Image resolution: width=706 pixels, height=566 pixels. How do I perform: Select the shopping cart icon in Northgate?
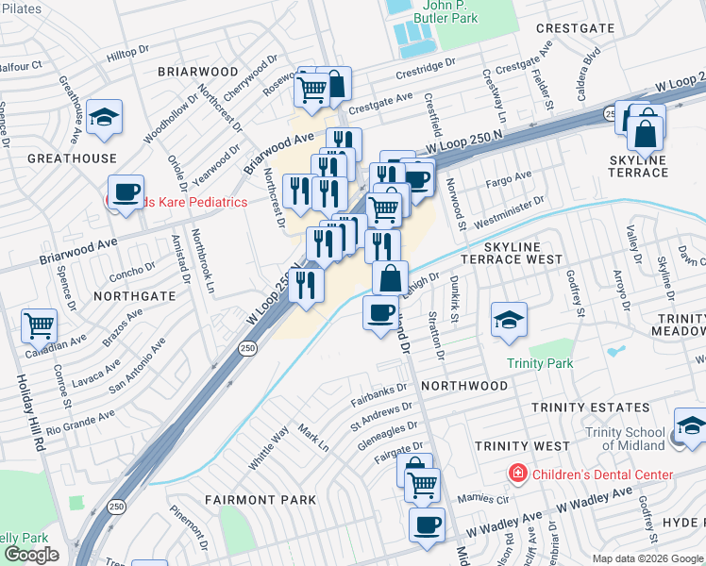coord(40,326)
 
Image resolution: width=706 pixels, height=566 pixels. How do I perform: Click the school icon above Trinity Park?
coord(509,321)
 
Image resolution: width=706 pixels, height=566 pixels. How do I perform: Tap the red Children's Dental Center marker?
coord(517,474)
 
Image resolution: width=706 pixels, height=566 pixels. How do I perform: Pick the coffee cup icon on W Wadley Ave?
coord(427,524)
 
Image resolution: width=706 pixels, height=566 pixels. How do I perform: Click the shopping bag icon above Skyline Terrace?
coord(647,134)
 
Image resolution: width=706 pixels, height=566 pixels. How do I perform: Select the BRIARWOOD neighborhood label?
coord(197,72)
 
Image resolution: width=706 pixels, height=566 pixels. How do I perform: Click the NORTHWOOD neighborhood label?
coord(464,386)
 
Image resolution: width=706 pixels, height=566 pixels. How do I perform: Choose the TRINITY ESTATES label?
coord(590,408)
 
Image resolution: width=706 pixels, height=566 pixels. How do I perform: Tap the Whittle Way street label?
coord(269,448)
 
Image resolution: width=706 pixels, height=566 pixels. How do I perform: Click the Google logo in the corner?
coord(31,555)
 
